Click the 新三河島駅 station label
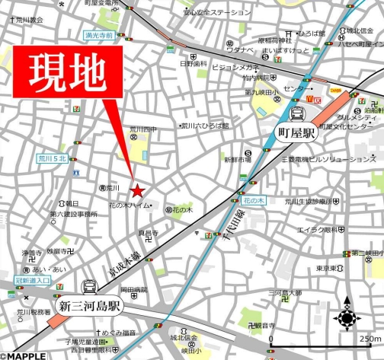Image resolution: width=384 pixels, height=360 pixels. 90,307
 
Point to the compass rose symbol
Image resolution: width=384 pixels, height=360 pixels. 348,314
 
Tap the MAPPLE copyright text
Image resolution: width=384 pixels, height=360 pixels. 23,355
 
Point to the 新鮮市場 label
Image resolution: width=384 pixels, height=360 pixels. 237,160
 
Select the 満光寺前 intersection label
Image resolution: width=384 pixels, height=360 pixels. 99,35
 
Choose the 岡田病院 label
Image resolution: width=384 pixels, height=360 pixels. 133,290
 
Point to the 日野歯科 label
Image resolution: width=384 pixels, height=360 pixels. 194,64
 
